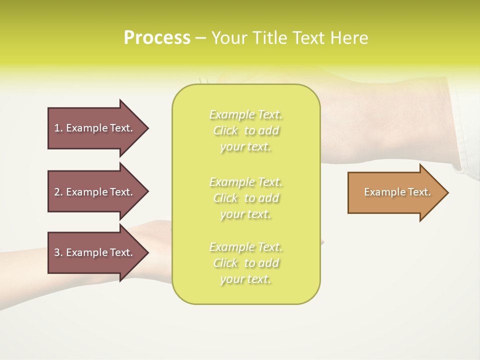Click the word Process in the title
click(x=157, y=38)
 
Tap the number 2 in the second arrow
click(x=57, y=192)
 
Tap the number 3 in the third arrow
click(x=57, y=252)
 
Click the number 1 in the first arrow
click(x=57, y=128)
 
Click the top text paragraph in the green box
click(x=246, y=130)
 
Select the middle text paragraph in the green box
click(x=246, y=197)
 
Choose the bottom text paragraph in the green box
click(x=246, y=263)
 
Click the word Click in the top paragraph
click(x=225, y=130)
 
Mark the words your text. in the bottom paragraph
click(x=246, y=279)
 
